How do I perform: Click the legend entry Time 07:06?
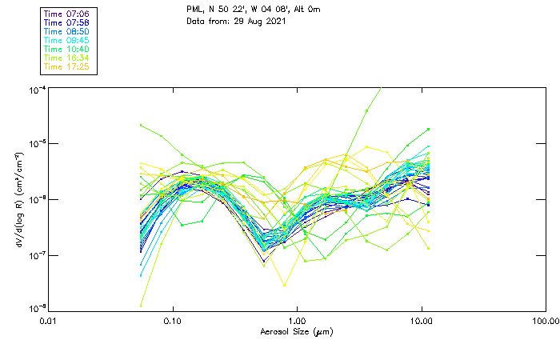[66, 14]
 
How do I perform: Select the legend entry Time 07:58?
[66, 23]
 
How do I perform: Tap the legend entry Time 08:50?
[66, 32]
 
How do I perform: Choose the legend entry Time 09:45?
[66, 41]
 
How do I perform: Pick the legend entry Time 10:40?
[66, 50]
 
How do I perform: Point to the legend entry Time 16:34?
[66, 58]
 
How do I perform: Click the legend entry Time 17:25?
[66, 67]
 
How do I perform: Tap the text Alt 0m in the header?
[323, 9]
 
